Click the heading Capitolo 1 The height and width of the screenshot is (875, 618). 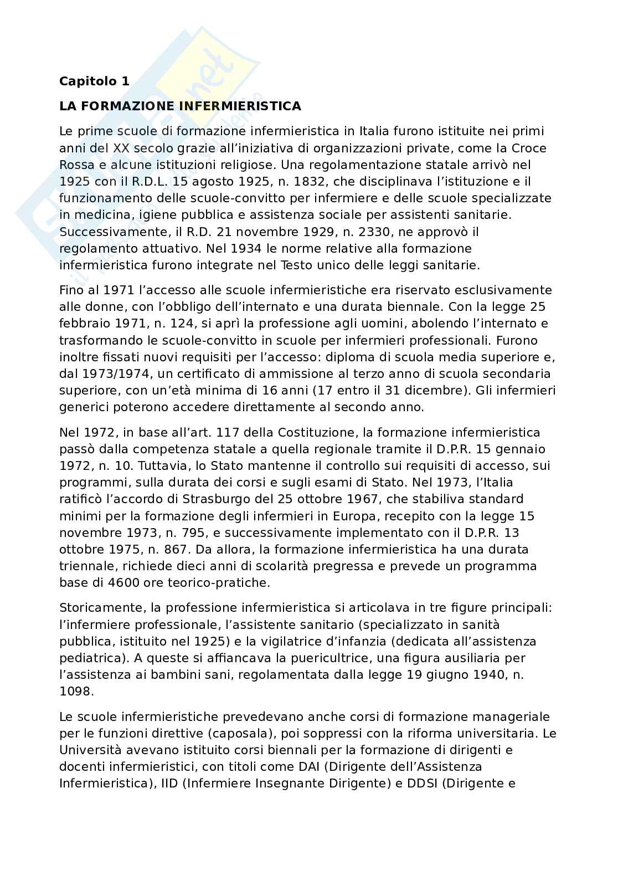[94, 81]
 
